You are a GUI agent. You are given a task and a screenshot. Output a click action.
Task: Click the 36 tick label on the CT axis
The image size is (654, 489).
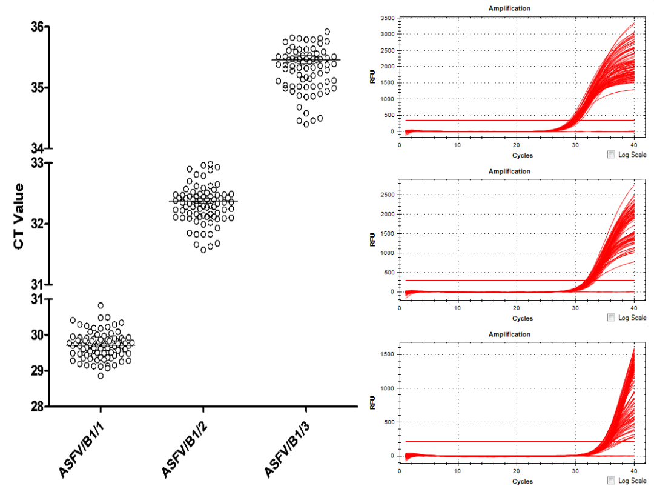pos(38,27)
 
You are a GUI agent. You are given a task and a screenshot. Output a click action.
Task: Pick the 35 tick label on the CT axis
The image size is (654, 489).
pos(38,88)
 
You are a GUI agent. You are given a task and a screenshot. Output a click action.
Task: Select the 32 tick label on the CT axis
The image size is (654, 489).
pos(38,224)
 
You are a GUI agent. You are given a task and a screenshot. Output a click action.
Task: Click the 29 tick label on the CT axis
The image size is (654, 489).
pos(38,371)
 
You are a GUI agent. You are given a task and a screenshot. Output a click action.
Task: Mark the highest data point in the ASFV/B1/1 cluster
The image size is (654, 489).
pos(101,305)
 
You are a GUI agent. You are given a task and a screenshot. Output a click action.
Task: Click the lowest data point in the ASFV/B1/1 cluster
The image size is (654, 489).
pos(101,376)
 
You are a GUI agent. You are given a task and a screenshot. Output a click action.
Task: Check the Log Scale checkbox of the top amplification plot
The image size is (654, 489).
pos(610,155)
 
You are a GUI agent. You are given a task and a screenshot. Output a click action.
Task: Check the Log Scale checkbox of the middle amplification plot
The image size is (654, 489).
pos(610,318)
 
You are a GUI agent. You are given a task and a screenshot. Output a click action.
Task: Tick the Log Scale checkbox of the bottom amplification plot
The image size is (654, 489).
pos(610,481)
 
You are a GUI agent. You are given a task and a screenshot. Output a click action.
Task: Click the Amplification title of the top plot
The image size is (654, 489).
pos(509,8)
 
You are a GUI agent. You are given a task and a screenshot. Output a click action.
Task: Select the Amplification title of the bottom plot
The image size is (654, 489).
pos(509,334)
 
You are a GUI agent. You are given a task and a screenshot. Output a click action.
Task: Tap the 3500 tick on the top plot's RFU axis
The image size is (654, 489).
pos(387,18)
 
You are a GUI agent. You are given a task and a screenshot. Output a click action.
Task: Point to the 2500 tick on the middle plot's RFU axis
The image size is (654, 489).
pos(387,195)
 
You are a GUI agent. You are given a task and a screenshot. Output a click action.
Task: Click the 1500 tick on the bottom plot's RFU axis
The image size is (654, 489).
pos(387,354)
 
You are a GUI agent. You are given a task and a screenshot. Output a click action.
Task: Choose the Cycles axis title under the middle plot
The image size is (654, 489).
pos(522,318)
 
